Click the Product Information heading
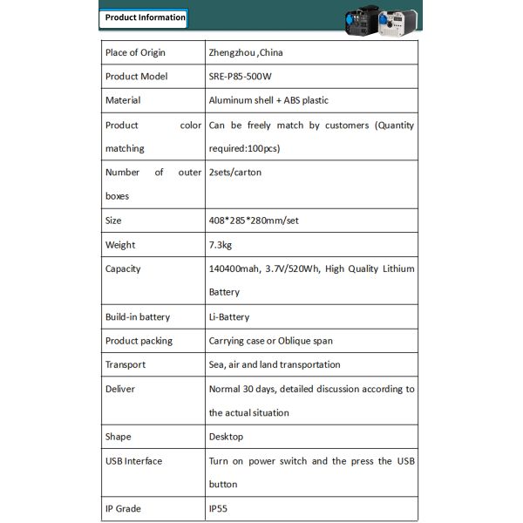click(x=145, y=17)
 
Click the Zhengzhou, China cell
click(x=246, y=52)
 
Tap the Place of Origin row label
click(x=135, y=52)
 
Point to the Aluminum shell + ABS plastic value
click(x=268, y=100)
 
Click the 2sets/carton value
click(x=234, y=173)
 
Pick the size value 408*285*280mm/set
click(x=254, y=221)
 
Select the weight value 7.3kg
click(x=221, y=245)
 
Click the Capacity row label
click(x=123, y=268)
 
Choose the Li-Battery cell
click(x=229, y=317)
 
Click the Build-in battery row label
click(x=138, y=317)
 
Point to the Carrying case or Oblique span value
click(x=270, y=341)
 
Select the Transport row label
click(x=125, y=364)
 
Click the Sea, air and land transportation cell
click(x=275, y=364)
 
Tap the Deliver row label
click(x=120, y=389)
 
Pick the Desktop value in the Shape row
click(x=226, y=437)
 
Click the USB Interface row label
click(x=133, y=461)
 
